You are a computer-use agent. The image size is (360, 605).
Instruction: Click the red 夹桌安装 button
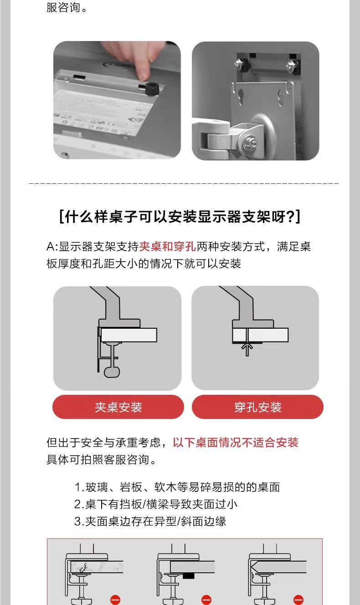pyautogui.click(x=118, y=407)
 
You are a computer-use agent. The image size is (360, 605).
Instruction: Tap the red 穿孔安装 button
pyautogui.click(x=257, y=407)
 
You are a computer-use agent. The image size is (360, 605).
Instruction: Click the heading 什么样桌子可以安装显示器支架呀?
pyautogui.click(x=180, y=217)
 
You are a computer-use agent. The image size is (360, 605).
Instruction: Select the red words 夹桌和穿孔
pyautogui.click(x=167, y=246)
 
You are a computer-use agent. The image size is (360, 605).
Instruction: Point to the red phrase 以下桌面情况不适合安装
pyautogui.click(x=236, y=442)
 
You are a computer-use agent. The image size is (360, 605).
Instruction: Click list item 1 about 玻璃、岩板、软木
pyautogui.click(x=177, y=487)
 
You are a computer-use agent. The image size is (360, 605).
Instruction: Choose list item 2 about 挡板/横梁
pyautogui.click(x=156, y=504)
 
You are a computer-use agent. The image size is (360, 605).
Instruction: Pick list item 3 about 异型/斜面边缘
pyautogui.click(x=150, y=521)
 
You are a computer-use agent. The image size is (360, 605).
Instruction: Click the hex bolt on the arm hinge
pyautogui.click(x=249, y=141)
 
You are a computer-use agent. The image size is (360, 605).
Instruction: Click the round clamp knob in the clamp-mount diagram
pyautogui.click(x=112, y=372)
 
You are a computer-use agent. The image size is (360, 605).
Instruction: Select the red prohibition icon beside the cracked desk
pyautogui.click(x=115, y=600)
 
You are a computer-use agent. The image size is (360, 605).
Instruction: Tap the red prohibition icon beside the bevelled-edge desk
pyautogui.click(x=298, y=600)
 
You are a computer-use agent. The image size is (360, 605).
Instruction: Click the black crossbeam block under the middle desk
pyautogui.click(x=189, y=575)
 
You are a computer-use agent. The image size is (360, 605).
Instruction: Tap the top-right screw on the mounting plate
pyautogui.click(x=292, y=65)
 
